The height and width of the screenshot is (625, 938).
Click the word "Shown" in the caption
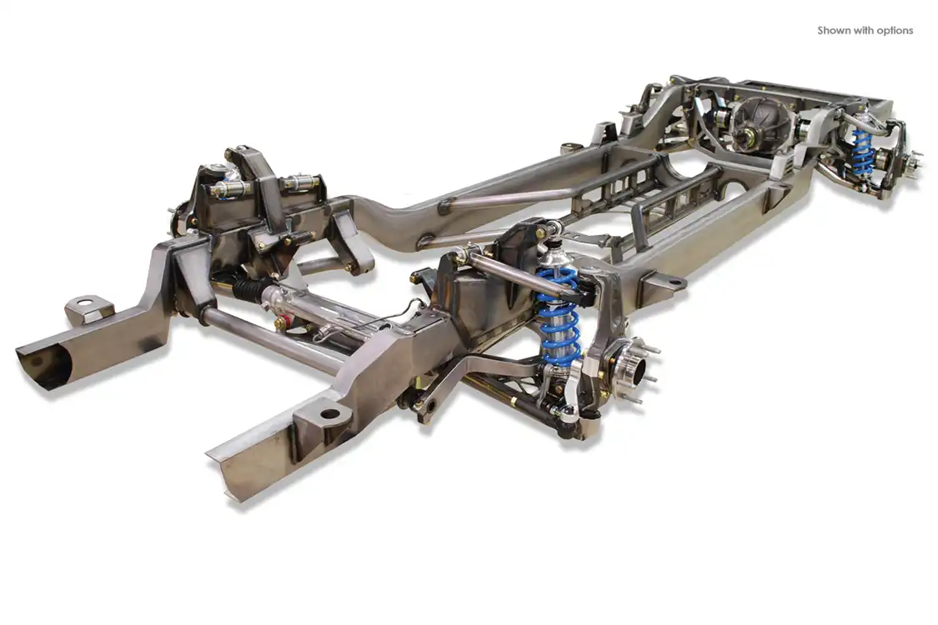tap(834, 31)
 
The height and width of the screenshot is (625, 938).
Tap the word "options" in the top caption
tap(895, 31)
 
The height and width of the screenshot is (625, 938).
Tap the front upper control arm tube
tap(517, 276)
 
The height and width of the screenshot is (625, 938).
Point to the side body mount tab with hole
tap(674, 284)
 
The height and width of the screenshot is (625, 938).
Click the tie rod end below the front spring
tap(568, 410)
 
